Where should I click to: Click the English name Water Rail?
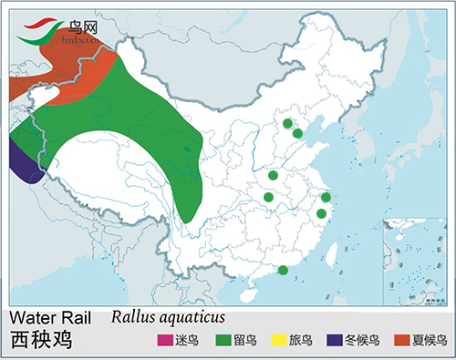coord(53,317)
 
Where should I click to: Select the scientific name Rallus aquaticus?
coord(169,316)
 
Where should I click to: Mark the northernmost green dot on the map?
coord(287,124)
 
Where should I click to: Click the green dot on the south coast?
coord(283,270)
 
